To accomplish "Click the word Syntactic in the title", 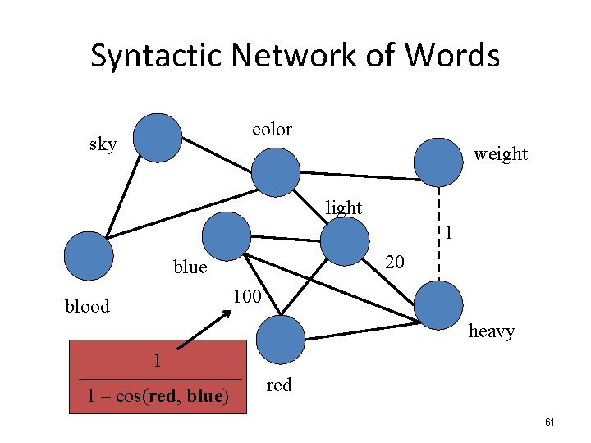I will point(156,57).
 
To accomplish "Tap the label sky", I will point(103,145).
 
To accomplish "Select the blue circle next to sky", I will point(158,137).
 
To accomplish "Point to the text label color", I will point(272,129).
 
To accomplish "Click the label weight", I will point(501,153).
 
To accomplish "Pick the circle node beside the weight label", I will point(438,162).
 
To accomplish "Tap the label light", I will point(343,208).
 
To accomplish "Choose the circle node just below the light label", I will point(345,241).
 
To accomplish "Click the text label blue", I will point(190,267).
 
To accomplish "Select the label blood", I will point(87,306).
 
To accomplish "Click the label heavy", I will point(491,331).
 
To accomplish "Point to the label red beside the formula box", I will point(279,385).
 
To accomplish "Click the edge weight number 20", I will point(395,262).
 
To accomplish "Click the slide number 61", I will point(550,422).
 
